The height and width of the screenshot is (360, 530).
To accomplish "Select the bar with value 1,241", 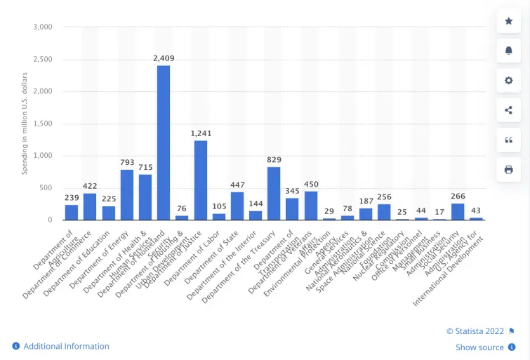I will click(201, 180).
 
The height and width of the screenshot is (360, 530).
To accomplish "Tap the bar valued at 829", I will click(274, 194).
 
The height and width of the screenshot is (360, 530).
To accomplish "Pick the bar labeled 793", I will click(127, 194).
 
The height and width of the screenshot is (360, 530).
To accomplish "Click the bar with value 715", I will click(145, 197).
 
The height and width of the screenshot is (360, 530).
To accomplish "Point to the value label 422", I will click(90, 186).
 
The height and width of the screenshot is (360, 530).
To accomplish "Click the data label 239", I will click(72, 198).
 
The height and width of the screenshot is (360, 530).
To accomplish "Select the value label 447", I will click(237, 185).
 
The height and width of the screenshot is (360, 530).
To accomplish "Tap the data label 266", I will click(458, 196).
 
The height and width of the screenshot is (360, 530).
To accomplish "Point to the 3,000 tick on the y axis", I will click(43, 27).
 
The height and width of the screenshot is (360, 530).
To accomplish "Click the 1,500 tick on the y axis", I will click(43, 124).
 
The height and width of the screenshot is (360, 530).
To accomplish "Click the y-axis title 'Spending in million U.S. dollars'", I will click(24, 123).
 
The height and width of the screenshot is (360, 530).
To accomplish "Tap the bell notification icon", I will click(508, 51).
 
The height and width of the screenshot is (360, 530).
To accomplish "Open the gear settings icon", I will click(508, 80).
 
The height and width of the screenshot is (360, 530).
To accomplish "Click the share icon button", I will click(508, 110).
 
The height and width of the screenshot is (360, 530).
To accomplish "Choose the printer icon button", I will click(508, 169).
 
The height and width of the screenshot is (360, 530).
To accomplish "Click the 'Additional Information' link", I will click(66, 346).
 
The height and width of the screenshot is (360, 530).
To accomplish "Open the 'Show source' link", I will click(479, 347).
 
